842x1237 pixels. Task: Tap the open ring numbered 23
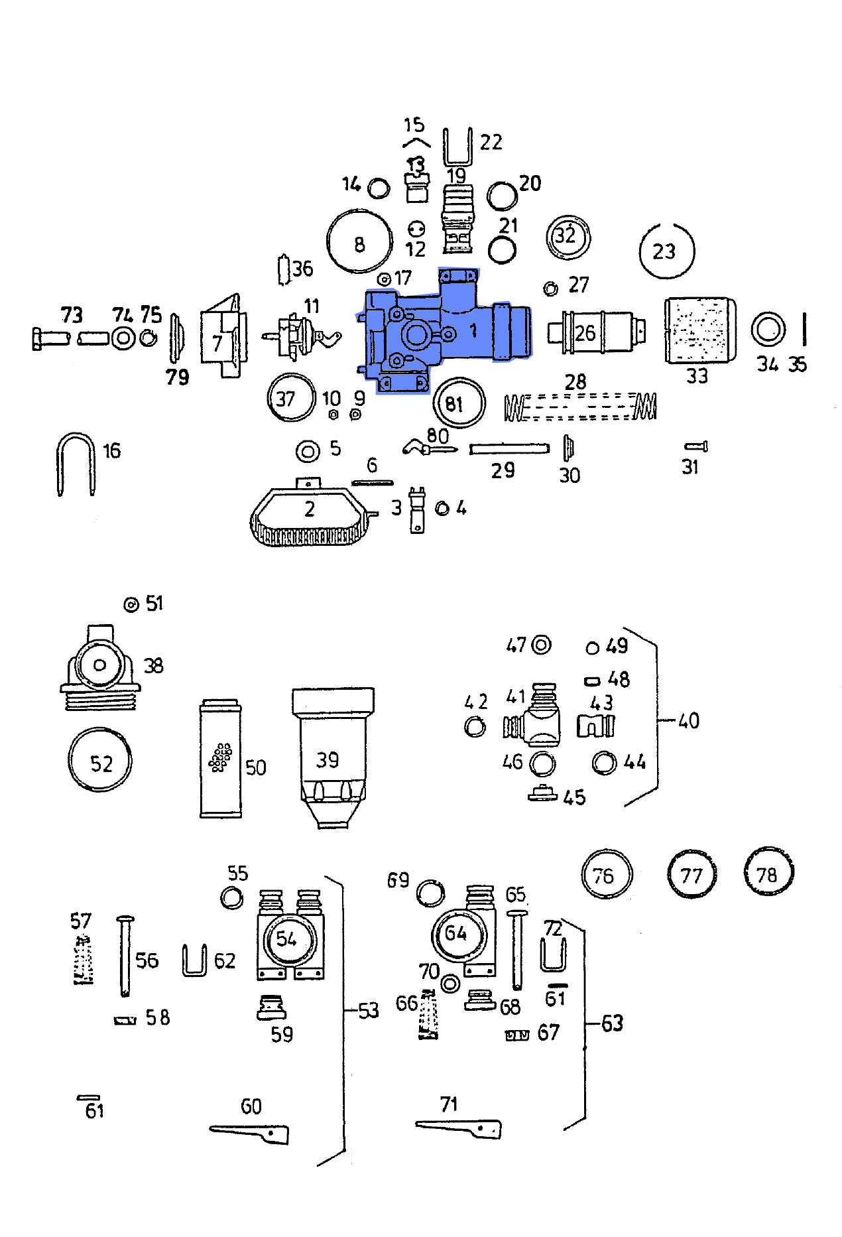[666, 251]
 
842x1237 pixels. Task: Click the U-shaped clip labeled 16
[75, 464]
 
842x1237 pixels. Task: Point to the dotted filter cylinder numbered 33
[699, 330]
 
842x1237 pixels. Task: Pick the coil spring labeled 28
[580, 407]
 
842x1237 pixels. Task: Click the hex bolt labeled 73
[50, 338]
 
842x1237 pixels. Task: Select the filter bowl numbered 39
[333, 756]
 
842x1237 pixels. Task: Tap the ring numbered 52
[99, 760]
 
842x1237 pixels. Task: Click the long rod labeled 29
[509, 450]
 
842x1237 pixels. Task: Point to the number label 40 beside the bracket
[688, 720]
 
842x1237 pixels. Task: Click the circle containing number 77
[692, 874]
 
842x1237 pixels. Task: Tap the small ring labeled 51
[131, 604]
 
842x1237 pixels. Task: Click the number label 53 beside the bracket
[368, 1010]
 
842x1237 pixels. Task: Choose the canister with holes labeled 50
[220, 759]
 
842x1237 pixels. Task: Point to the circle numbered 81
[459, 403]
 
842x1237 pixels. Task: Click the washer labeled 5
[308, 452]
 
